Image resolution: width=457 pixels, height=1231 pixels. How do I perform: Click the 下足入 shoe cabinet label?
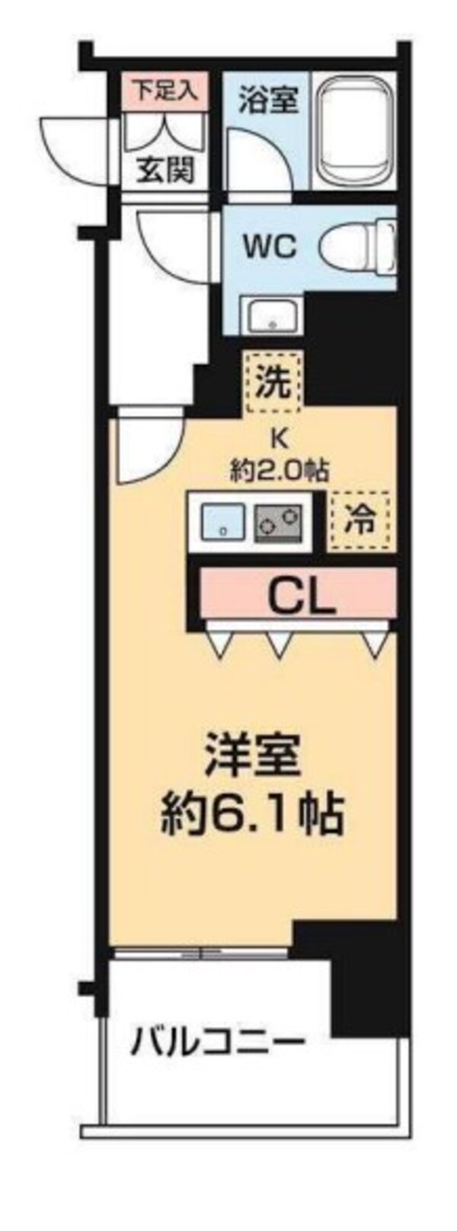(165, 90)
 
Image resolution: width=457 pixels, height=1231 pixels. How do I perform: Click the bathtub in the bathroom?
(353, 130)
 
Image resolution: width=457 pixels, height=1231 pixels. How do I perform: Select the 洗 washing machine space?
(273, 382)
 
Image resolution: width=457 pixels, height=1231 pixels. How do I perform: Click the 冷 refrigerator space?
(358, 521)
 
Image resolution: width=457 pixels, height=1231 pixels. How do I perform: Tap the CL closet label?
(303, 597)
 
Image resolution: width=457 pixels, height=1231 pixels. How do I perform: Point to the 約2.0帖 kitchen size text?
(280, 471)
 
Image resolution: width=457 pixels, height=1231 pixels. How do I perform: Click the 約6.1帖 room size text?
(252, 815)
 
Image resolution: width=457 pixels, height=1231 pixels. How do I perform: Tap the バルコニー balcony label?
(217, 1041)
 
